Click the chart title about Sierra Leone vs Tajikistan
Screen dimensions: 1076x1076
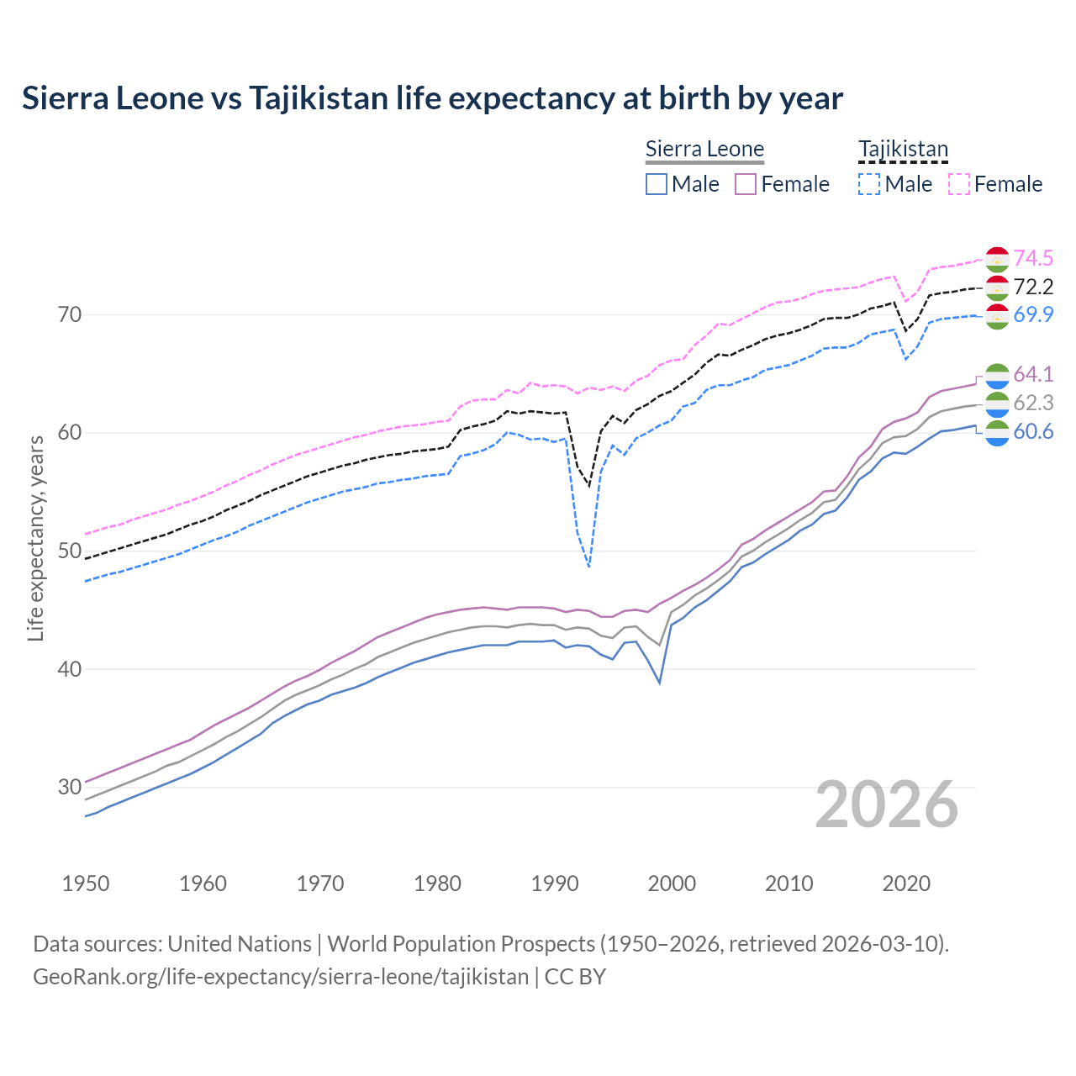tap(432, 98)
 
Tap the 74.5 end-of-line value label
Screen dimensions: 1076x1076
tap(1033, 258)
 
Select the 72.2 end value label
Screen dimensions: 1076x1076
tap(1033, 287)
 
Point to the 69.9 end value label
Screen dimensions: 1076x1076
tap(1033, 314)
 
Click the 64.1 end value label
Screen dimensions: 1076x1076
tap(1033, 374)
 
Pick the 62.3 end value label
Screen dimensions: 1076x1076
tap(1033, 403)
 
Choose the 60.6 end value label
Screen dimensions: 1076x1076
tap(1033, 431)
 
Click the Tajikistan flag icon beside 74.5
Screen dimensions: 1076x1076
tap(997, 259)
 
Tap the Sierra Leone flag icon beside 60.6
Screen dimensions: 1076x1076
tap(997, 433)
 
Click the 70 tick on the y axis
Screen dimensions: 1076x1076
tap(70, 315)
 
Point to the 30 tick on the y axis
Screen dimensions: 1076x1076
tap(70, 788)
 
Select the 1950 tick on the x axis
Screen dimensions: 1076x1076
tap(86, 883)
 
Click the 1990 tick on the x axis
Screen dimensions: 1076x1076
tap(555, 883)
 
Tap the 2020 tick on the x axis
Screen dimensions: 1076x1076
tap(906, 883)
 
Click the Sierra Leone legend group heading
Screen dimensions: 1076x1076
tap(704, 150)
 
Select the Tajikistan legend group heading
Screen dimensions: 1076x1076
tap(903, 150)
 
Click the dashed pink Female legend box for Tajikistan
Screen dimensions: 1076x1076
tap(959, 184)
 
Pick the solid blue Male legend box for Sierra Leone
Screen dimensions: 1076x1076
tap(657, 184)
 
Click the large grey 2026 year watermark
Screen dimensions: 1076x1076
tap(887, 804)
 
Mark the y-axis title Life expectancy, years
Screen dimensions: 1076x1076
tap(36, 538)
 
